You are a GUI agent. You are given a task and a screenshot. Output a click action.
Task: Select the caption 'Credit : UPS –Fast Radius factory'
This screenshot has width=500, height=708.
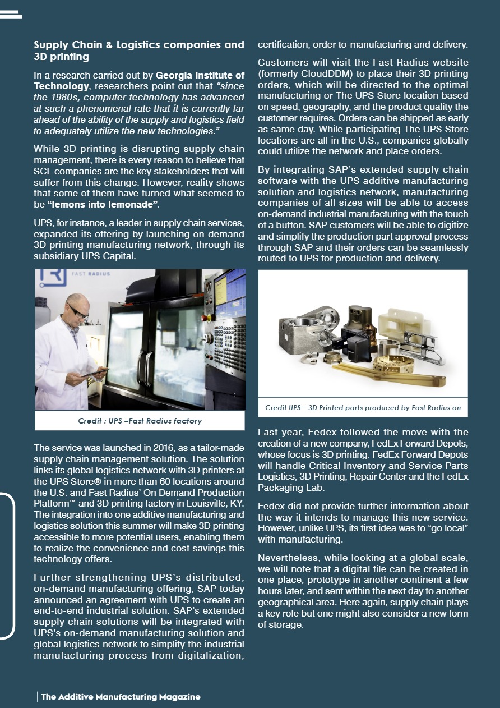click(140, 421)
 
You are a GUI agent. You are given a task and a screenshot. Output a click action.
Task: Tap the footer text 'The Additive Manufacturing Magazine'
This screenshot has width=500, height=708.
click(121, 697)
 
